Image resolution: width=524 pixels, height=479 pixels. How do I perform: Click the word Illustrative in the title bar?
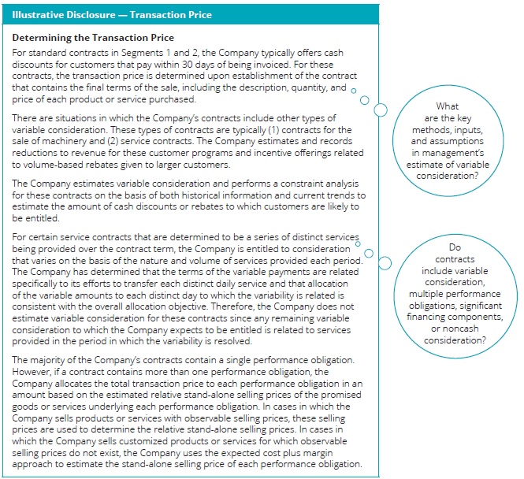click(37, 14)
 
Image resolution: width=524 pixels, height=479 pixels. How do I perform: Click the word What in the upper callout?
click(448, 106)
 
